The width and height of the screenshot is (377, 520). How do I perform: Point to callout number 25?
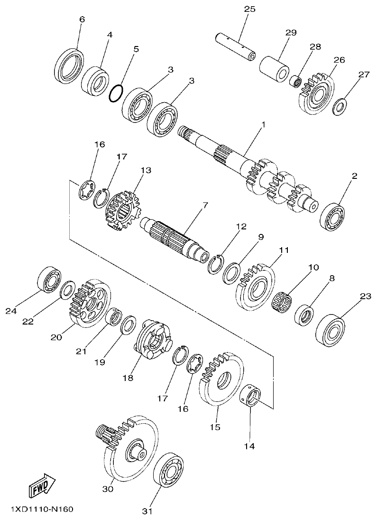click(x=249, y=9)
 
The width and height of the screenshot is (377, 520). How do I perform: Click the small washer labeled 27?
click(x=340, y=106)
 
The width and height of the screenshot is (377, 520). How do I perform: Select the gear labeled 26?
click(x=316, y=95)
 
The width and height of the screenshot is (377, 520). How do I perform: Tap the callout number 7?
click(x=205, y=205)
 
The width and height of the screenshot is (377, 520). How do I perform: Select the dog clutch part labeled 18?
click(x=152, y=340)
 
